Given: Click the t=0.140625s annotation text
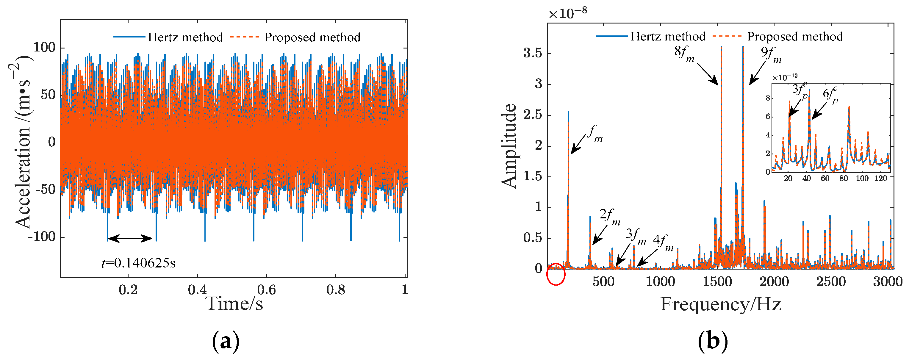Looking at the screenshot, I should point(138,263).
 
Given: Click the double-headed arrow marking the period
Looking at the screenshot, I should point(130,239).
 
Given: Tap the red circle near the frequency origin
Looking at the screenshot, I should point(556,274).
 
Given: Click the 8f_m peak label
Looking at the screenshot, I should point(684,54).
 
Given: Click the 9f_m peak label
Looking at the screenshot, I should point(771,55).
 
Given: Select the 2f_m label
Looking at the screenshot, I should point(609,216).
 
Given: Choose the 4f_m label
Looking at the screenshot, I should point(663,242).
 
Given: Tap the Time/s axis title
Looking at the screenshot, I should point(234,303).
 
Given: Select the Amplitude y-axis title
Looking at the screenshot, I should point(509,145).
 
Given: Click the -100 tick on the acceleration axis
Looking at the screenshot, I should point(42,237).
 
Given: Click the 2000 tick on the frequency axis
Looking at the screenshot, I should point(774,282).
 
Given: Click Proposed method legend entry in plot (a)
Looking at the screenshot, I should point(312,37).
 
